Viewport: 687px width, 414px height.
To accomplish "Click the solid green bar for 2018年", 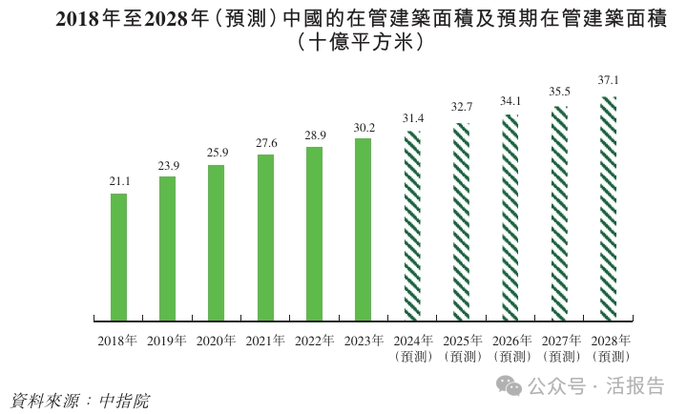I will coord(118,256).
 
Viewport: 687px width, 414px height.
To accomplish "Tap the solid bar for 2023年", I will coord(363,228).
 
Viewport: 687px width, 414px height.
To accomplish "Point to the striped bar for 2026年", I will coord(510,217).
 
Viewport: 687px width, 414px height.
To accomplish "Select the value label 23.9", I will coord(167,165).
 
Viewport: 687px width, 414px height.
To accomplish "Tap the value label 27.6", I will coord(265,143).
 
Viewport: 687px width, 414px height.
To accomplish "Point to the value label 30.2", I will coord(363,127).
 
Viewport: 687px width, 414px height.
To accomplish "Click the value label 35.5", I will coord(559,92).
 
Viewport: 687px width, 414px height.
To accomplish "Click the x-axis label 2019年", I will coord(167,340).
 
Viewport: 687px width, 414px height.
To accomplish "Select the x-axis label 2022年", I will coord(314,340).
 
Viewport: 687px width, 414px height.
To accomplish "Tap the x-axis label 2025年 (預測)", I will coord(461,347).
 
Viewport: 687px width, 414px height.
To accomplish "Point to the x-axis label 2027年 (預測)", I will coord(559,347).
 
